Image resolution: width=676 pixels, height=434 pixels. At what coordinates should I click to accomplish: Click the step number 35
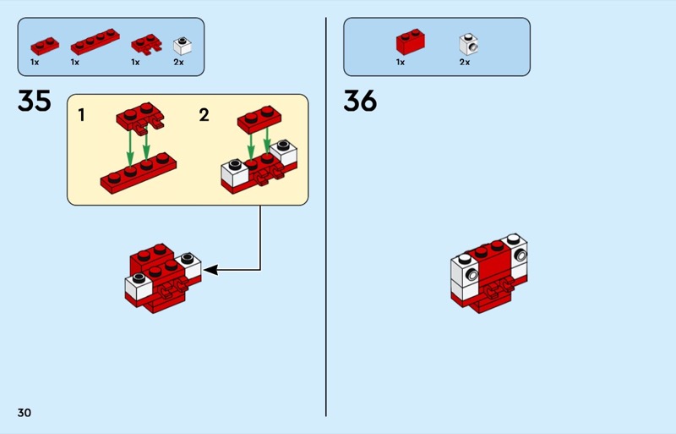pyautogui.click(x=35, y=102)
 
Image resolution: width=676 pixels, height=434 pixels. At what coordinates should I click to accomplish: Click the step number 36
pyautogui.click(x=360, y=102)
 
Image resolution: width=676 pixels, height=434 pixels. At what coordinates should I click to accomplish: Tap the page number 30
pyautogui.click(x=24, y=412)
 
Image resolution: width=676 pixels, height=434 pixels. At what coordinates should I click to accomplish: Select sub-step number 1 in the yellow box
pyautogui.click(x=82, y=115)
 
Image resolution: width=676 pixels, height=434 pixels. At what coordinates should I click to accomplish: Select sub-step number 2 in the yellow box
pyautogui.click(x=204, y=115)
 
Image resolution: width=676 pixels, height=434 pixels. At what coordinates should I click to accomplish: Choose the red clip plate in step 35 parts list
pyautogui.click(x=146, y=43)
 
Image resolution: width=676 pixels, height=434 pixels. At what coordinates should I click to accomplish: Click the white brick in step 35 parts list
pyautogui.click(x=180, y=44)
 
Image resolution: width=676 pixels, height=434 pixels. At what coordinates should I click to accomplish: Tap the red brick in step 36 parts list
pyautogui.click(x=411, y=41)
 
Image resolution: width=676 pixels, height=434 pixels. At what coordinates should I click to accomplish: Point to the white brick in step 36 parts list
pyautogui.click(x=466, y=42)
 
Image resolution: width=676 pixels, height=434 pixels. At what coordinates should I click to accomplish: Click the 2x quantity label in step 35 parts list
pyautogui.click(x=178, y=62)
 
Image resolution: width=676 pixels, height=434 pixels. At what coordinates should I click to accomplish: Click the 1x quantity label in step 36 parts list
pyautogui.click(x=401, y=62)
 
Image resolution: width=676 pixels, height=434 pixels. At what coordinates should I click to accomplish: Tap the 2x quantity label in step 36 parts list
pyautogui.click(x=464, y=62)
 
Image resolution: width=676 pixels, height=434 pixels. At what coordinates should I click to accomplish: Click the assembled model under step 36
pyautogui.click(x=490, y=271)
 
